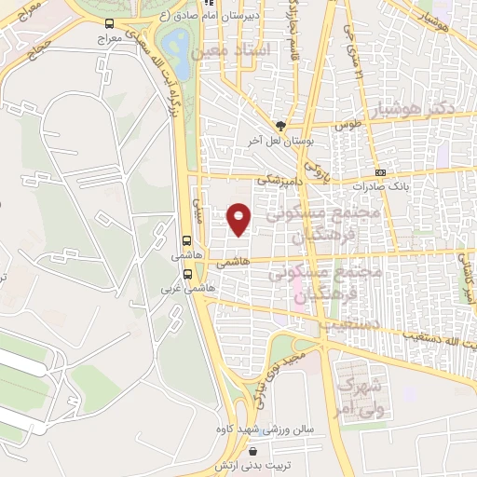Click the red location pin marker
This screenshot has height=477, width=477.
(x=239, y=218)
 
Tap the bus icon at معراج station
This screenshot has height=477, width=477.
(x=110, y=23)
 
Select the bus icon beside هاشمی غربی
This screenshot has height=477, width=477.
(x=189, y=275)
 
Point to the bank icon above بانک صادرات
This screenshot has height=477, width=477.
(x=380, y=172)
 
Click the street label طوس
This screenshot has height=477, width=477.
(x=347, y=124)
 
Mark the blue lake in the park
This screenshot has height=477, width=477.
(x=172, y=43)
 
